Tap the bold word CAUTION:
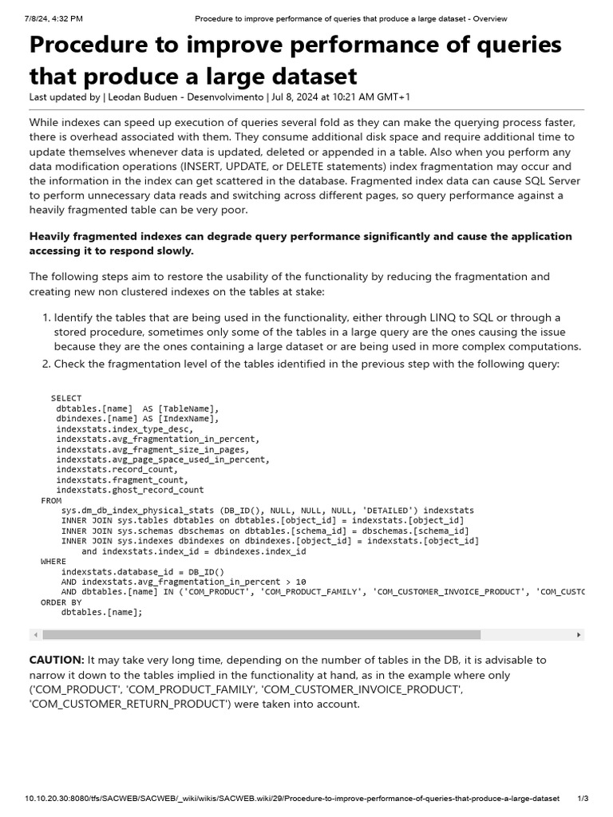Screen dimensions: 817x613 coord(57,660)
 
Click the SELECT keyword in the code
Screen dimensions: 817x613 coord(66,398)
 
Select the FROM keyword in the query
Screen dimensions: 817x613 coord(50,500)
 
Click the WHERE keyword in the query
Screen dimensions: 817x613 coord(53,561)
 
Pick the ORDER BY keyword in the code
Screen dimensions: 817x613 coord(61,602)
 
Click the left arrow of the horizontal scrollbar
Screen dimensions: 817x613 coord(34,634)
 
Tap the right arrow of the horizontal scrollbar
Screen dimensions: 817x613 coord(579,634)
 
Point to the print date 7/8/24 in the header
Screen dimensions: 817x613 coord(40,18)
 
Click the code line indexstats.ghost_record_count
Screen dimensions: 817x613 coord(130,490)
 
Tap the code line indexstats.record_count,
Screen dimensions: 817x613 coord(117,469)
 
